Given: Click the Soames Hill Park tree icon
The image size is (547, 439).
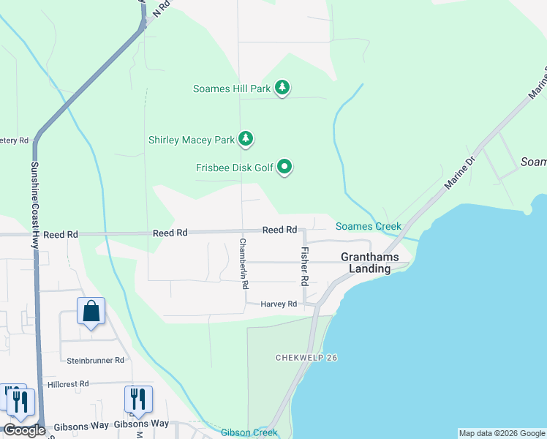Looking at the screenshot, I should (x=282, y=89).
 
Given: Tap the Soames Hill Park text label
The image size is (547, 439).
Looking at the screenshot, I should (x=232, y=89).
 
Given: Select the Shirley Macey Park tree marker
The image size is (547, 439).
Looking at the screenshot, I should (x=246, y=138).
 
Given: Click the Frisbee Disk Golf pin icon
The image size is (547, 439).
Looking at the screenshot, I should (x=285, y=168).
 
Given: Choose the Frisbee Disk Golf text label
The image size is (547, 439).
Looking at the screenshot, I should (x=234, y=168).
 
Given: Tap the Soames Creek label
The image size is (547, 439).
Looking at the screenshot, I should (x=369, y=227).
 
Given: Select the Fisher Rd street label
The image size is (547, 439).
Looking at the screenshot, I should (x=305, y=266).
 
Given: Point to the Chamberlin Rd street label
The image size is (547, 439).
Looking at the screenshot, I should (x=244, y=263).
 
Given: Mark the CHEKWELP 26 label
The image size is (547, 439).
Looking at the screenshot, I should (x=306, y=358).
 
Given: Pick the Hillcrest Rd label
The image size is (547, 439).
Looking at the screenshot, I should (x=67, y=383).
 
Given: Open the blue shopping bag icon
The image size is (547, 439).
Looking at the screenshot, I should (x=91, y=312).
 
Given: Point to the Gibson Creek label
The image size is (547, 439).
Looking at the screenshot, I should (x=249, y=432).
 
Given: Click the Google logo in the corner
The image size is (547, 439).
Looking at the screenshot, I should (x=24, y=430).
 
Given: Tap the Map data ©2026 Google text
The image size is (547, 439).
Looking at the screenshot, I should (x=502, y=433).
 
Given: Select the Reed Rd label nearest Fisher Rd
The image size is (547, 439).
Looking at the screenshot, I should (x=279, y=230).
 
